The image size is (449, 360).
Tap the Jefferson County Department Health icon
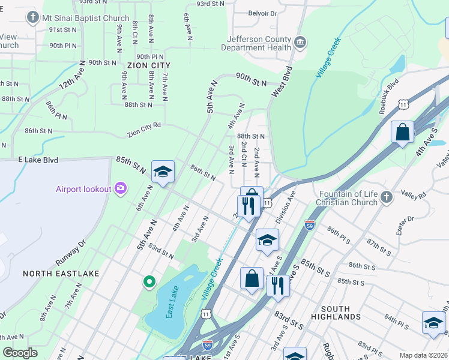click(301, 43)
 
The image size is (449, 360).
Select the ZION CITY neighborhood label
click(148, 65)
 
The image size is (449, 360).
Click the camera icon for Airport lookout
click(121, 189)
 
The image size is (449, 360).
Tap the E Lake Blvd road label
click(38, 160)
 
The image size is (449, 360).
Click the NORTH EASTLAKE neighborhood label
click(61, 274)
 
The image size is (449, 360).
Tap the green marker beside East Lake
click(148, 281)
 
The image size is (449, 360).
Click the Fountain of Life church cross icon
click(387, 197)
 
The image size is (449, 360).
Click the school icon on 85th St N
click(163, 172)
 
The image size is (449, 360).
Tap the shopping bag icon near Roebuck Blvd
click(402, 132)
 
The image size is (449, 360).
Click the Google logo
click(20, 352)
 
